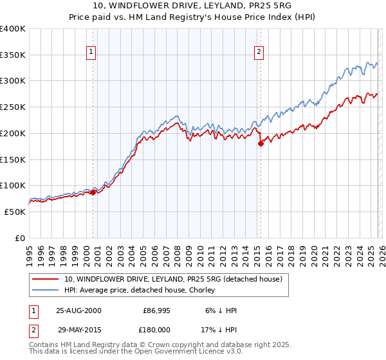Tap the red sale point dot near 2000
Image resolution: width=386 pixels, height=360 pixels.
(93, 192)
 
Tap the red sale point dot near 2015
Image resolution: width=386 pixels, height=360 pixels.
(261, 144)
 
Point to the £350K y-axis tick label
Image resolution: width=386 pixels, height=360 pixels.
(13, 55)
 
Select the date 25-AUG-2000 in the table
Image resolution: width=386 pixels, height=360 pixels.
(78, 310)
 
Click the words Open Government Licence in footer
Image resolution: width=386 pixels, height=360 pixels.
(165, 352)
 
